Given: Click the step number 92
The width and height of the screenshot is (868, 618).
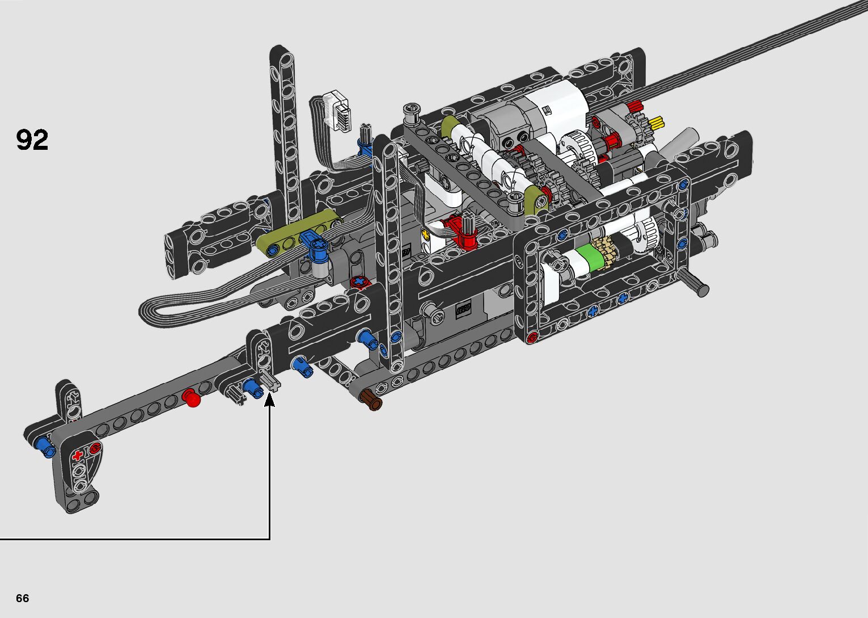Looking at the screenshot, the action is pos(32,140).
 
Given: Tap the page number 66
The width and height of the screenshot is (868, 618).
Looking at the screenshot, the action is pos(23,598).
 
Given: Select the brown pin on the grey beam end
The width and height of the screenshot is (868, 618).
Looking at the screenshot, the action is pos(371,400).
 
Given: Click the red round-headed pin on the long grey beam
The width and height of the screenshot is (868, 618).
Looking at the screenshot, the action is pos(192,398).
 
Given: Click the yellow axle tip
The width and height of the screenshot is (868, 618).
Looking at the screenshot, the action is pos(657,123).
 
